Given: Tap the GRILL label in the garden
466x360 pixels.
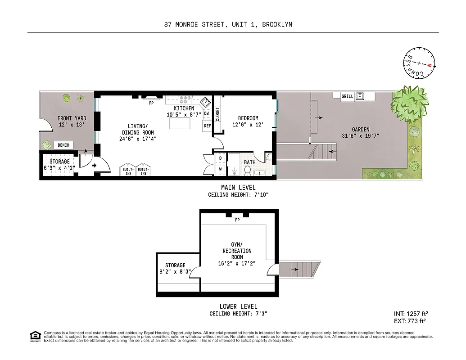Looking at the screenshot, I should click(x=347, y=96).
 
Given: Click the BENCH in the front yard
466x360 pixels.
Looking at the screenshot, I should click(x=63, y=145).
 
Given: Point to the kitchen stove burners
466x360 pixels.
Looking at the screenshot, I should click(x=185, y=100).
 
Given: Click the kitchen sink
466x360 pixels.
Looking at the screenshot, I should click(x=205, y=101).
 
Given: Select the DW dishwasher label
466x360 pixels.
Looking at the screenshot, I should click(x=207, y=114).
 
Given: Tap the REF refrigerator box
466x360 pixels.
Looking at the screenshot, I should click(x=207, y=126).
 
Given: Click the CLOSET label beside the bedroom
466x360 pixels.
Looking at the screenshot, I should click(x=217, y=115).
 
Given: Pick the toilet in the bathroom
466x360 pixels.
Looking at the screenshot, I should click(x=247, y=170).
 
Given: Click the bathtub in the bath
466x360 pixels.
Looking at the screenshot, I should click(x=235, y=165).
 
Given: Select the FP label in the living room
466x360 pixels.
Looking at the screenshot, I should click(x=151, y=103).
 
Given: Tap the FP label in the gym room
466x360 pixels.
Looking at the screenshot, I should click(x=237, y=220).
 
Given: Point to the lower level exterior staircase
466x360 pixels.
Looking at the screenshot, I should click(x=299, y=269).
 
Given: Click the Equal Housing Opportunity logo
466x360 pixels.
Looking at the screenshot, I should click(x=35, y=336).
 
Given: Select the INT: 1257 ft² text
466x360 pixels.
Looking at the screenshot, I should click(x=410, y=313).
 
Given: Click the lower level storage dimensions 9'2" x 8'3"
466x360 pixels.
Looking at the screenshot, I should click(x=175, y=271).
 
